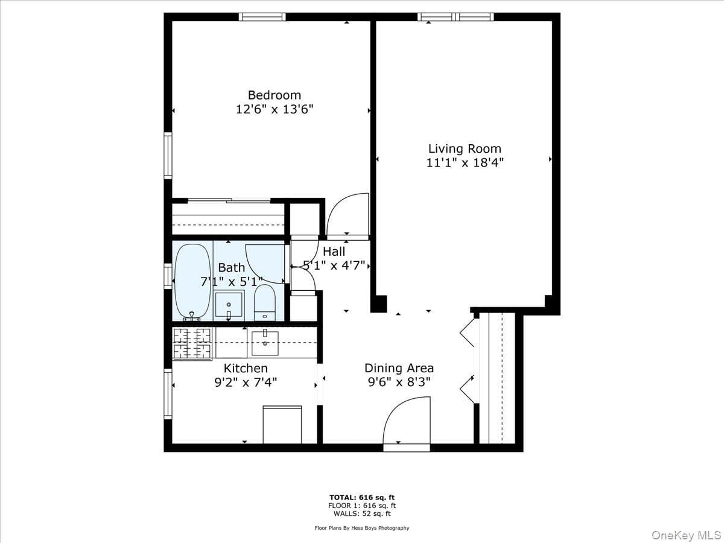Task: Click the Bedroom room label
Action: (275, 95)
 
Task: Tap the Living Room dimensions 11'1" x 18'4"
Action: (465, 162)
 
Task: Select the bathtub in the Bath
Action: (192, 282)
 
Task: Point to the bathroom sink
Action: (229, 305)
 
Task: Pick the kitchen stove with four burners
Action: (192, 343)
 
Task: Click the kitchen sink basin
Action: (265, 343)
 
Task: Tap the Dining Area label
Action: (399, 368)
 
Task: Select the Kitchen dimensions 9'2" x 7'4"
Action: (246, 382)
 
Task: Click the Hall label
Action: (334, 252)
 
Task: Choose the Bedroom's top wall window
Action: (262, 17)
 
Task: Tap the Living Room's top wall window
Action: (456, 17)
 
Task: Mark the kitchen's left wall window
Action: (168, 393)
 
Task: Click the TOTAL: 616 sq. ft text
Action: (362, 498)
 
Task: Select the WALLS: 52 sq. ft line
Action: (362, 513)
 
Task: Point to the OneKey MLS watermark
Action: (686, 535)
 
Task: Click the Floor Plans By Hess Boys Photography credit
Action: (362, 528)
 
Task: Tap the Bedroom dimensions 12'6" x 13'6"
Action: (275, 109)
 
